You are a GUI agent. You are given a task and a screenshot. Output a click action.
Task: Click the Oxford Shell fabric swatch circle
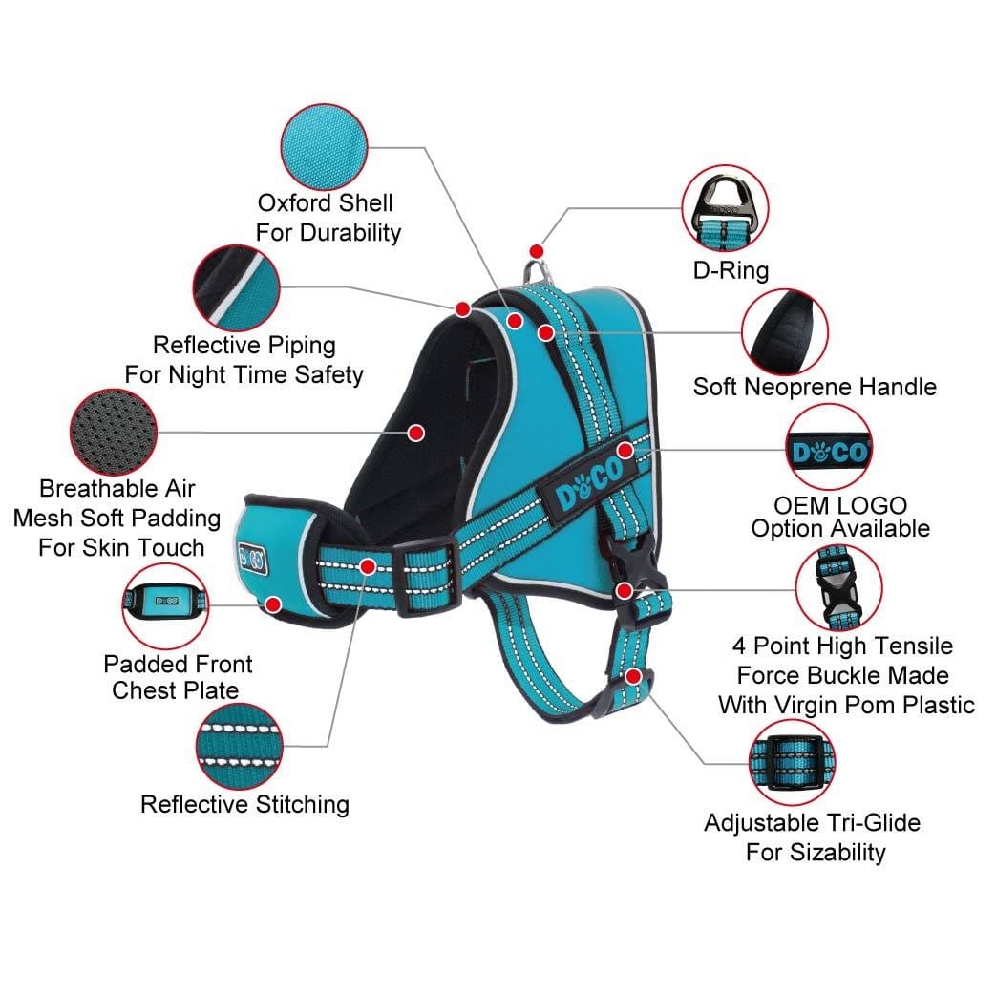[324, 147]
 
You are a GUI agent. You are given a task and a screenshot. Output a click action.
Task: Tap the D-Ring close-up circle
[725, 208]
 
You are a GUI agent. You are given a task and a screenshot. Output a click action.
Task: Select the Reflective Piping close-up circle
[236, 287]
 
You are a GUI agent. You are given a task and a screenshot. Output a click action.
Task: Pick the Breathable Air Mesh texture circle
[113, 432]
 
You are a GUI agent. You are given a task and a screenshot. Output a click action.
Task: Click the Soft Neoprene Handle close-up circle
[784, 332]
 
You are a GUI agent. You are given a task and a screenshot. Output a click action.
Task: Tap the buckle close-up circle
[838, 588]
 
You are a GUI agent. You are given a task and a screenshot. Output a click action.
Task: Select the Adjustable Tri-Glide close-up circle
[792, 763]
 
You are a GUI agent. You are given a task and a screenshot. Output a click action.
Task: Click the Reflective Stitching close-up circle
[239, 747]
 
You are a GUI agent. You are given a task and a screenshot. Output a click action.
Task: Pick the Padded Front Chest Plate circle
[165, 606]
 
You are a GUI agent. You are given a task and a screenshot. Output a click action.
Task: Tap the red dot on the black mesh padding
[416, 434]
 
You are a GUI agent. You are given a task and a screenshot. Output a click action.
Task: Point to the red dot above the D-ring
[537, 251]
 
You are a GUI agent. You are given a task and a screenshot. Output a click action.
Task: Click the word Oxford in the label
[294, 203]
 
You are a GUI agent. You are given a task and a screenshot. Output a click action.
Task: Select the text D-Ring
[731, 270]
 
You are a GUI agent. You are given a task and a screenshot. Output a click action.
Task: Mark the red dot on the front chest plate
[274, 604]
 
